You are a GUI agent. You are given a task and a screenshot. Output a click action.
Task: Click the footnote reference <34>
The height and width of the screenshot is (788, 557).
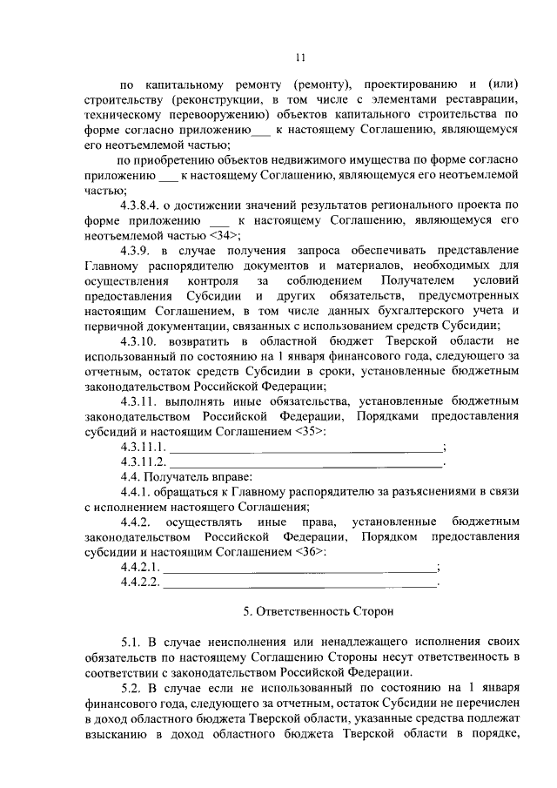coord(225,236)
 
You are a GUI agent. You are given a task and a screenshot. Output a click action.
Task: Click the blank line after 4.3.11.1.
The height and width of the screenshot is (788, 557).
coord(305,448)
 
